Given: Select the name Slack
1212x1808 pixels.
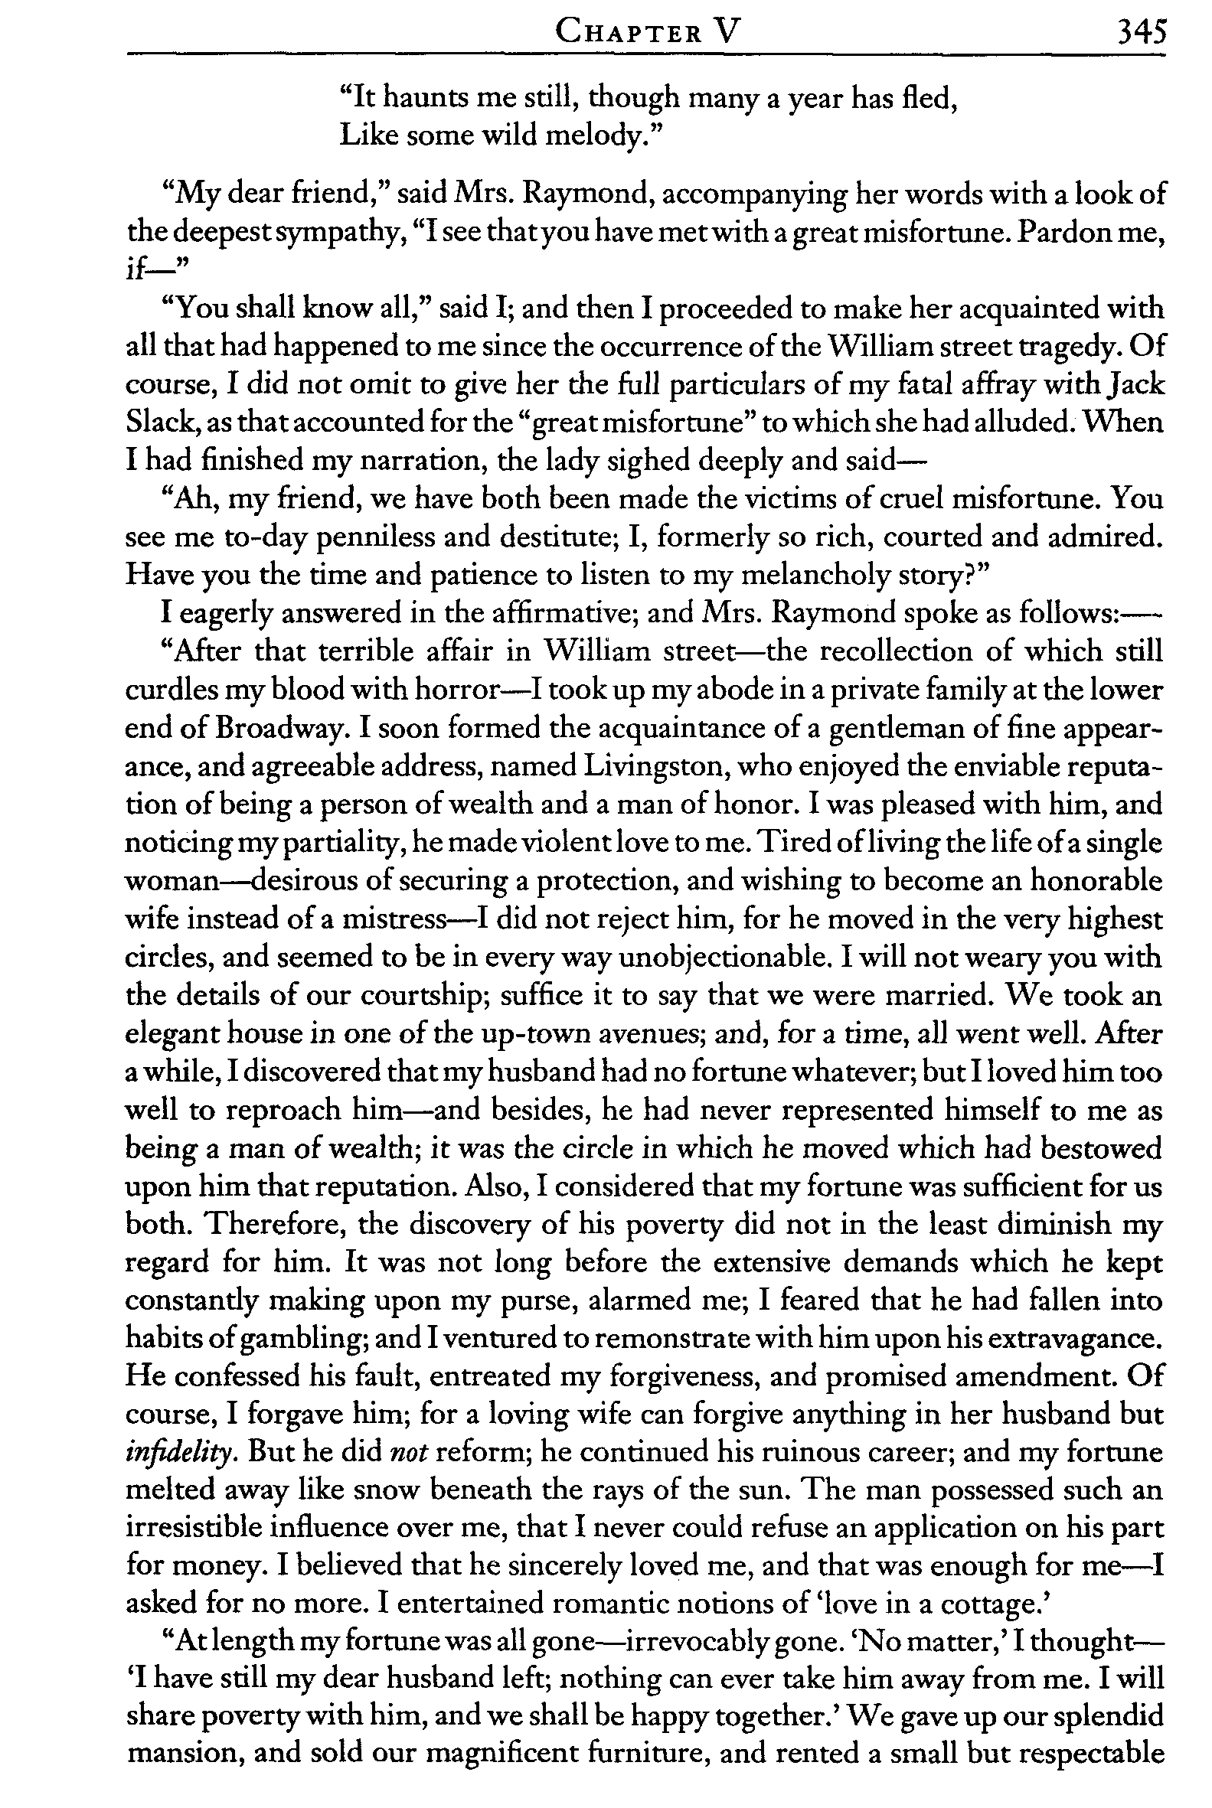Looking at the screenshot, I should [153, 423].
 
